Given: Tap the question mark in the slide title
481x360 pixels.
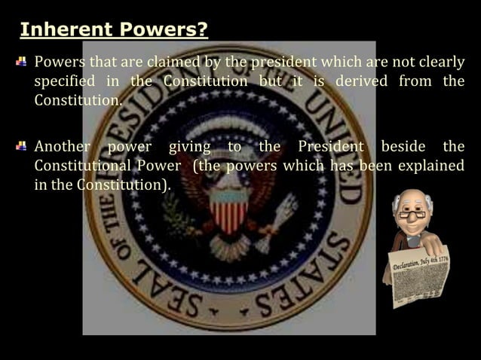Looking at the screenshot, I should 203,30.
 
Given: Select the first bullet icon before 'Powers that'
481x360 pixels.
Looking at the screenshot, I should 24,61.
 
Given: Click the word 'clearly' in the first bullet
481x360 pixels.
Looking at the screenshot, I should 439,61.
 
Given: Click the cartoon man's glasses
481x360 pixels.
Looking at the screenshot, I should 411,215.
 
